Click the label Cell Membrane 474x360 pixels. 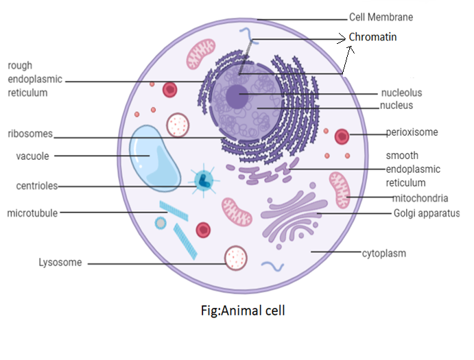coord(381,17)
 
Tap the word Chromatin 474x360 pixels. coord(372,36)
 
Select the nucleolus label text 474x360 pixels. coord(401,93)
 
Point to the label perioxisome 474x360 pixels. coord(412,132)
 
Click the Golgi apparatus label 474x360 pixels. coord(426,213)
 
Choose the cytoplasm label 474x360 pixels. coord(384,253)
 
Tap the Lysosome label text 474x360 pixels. coord(60,263)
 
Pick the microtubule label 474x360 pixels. coord(32,213)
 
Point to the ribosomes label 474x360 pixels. coord(30,134)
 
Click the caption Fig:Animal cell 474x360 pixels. coord(239,310)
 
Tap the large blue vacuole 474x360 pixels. coord(153,157)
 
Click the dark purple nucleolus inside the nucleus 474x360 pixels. coord(237,95)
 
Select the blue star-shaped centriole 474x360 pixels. coord(204,180)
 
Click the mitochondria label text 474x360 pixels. coord(420,198)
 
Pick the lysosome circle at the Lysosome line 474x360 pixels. coord(237,259)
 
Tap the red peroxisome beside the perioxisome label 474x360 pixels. coord(342,136)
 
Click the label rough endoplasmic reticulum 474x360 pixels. coord(34,79)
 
